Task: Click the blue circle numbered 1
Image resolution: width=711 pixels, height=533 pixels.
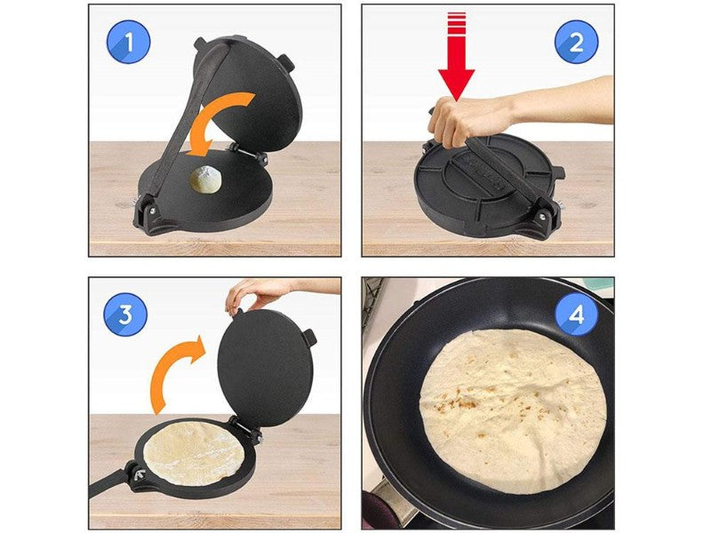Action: [128, 42]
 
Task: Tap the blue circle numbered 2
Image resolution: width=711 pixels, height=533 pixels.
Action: [576, 42]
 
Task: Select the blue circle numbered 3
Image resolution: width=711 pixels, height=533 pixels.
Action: [125, 314]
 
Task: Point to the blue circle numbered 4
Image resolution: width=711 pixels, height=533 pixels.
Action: [576, 314]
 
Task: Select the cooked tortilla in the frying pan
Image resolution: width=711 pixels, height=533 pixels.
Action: [513, 410]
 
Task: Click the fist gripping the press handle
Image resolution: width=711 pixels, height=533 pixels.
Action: [453, 120]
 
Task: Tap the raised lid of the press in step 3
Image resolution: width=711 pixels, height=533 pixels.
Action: [265, 368]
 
